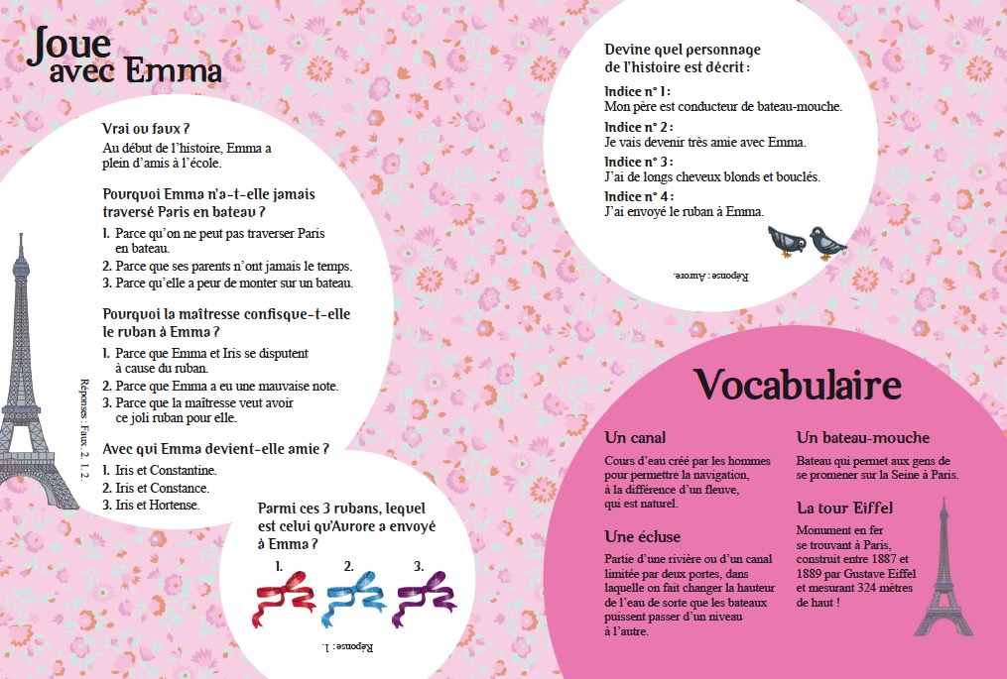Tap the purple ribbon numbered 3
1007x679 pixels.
424,600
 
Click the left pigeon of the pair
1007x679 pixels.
787,241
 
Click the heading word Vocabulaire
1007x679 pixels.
797,385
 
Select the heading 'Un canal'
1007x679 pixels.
635,437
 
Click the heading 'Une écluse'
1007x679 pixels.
643,536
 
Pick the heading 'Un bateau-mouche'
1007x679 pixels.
863,437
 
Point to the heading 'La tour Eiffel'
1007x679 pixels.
845,508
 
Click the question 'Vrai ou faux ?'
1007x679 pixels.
146,129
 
